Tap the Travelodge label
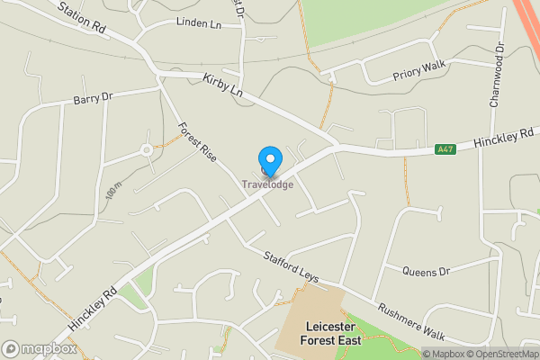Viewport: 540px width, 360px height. point(267,185)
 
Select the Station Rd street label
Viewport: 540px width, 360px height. point(82,18)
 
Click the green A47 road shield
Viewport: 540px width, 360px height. point(445,149)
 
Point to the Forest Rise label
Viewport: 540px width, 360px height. point(197,141)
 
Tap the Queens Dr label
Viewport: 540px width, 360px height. point(426,271)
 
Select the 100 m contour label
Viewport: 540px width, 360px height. point(112,191)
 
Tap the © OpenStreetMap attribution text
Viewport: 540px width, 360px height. point(499,354)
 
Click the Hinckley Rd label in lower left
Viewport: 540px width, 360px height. point(93,309)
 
